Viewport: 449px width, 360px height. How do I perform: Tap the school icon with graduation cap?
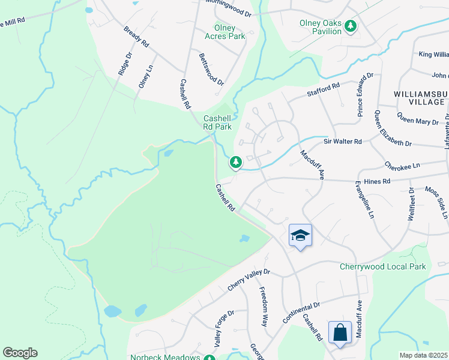[x=300, y=235]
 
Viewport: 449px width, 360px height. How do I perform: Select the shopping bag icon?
[x=340, y=332]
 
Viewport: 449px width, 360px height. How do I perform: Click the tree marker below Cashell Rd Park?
[x=236, y=162]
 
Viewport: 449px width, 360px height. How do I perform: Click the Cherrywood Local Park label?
[x=382, y=266]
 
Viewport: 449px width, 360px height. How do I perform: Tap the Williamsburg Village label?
[x=420, y=98]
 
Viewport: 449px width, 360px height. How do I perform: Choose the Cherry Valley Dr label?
[x=249, y=280]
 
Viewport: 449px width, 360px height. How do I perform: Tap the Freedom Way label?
[x=263, y=306]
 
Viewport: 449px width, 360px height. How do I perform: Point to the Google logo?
[x=20, y=353]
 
